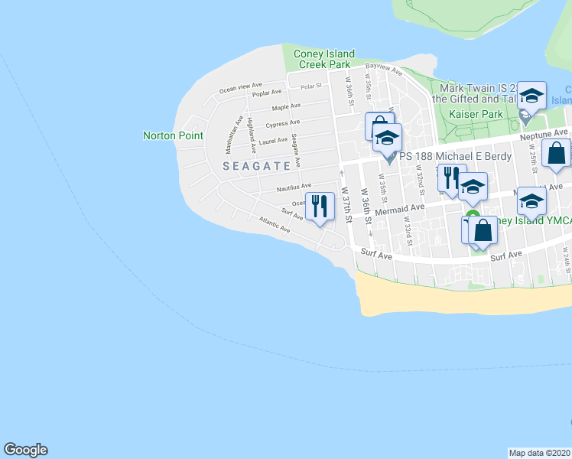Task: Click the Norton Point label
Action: [x=174, y=135]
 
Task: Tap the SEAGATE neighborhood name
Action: [x=257, y=165]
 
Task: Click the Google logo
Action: [x=25, y=450]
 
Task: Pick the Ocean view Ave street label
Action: [x=241, y=89]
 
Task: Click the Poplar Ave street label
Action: [x=268, y=93]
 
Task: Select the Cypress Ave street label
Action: [x=283, y=124]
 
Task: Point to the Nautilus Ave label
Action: [x=294, y=186]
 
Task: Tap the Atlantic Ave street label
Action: [x=275, y=226]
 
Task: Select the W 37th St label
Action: [x=346, y=203]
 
